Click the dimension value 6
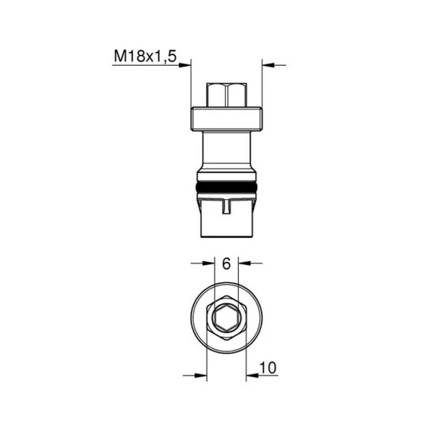pos(226,263)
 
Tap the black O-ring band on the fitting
pos(226,187)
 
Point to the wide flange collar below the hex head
pos(226,119)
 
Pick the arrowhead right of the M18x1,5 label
pos(185,65)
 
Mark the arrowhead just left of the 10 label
pos(252,374)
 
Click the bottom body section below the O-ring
pos(226,222)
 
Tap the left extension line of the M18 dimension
pos(190,84)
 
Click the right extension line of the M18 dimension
pos(262,84)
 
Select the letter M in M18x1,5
pos(120,55)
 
